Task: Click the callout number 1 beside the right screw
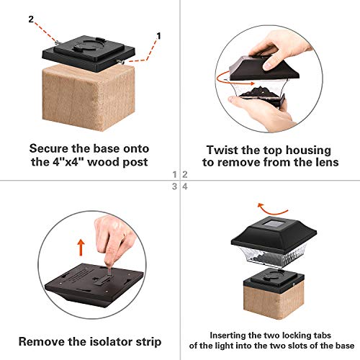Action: coord(159,33)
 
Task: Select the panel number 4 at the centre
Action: coord(185,186)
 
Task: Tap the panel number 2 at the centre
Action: coord(185,174)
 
